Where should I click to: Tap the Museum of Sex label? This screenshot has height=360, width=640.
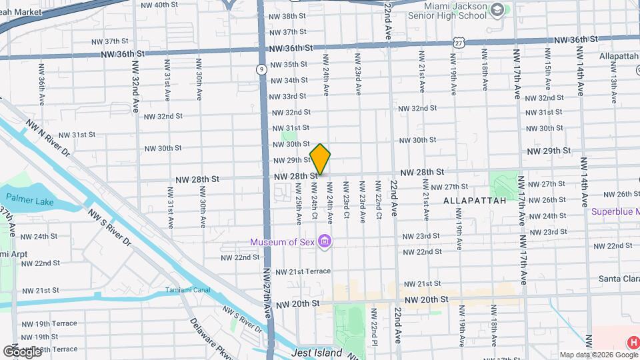[x=283, y=241]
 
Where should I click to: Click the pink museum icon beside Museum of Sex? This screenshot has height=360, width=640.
[x=325, y=241]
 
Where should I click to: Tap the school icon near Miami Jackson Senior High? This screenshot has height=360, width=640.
[x=497, y=10]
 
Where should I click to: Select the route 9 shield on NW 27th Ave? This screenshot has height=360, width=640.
[x=262, y=69]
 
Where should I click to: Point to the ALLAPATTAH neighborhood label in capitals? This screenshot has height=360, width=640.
[x=475, y=200]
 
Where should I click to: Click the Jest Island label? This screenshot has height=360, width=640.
[x=317, y=353]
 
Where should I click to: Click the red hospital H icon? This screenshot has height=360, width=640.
[x=632, y=343]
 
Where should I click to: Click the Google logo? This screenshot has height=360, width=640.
[x=23, y=351]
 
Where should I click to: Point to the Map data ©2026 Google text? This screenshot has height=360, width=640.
[x=597, y=355]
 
